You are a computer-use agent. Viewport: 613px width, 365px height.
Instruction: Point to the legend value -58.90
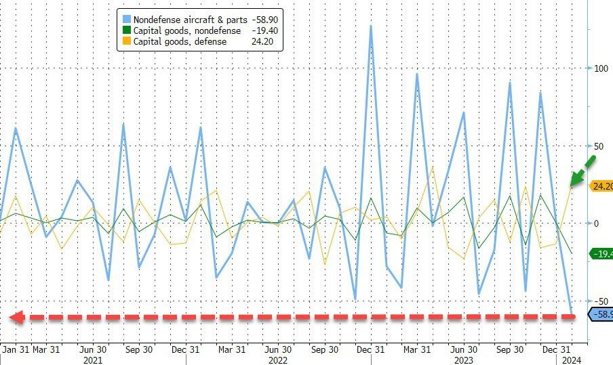click(266, 20)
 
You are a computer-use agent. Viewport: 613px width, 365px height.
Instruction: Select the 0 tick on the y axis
click(597, 223)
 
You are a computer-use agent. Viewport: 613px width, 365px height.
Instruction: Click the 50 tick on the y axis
click(599, 146)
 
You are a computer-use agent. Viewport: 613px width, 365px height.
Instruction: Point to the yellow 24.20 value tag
click(601, 186)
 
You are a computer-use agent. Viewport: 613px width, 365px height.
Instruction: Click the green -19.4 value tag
click(601, 254)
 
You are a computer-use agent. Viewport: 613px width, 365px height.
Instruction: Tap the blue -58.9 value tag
click(601, 315)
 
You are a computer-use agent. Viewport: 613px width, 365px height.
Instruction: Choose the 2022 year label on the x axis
click(277, 360)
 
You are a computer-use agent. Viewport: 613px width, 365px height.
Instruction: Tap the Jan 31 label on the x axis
click(15, 349)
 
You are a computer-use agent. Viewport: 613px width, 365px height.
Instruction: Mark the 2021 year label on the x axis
click(92, 360)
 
